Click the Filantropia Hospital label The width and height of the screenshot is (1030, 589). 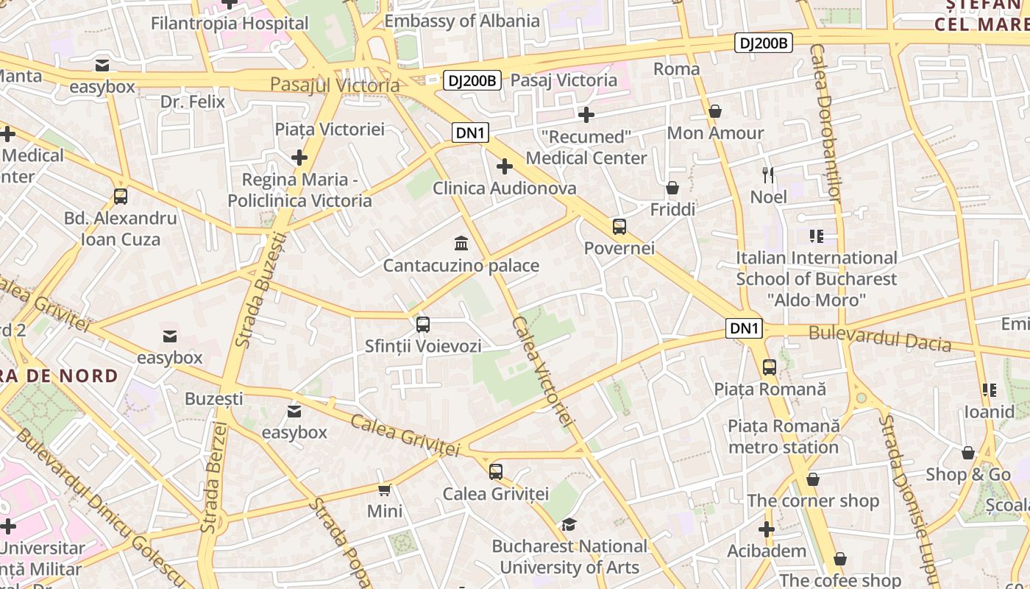point(230,24)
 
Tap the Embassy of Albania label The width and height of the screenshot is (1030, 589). point(462,21)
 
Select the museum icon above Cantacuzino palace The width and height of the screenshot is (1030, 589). point(461,243)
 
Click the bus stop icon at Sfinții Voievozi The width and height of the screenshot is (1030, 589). point(423,324)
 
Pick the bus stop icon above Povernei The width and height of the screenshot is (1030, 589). point(619,226)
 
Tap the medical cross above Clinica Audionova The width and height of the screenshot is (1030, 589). point(505,166)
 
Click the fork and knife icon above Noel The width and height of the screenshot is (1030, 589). point(769,174)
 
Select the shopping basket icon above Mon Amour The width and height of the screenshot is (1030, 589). point(715,111)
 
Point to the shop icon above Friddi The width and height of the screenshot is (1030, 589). point(672,188)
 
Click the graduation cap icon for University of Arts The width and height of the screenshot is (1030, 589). point(569,524)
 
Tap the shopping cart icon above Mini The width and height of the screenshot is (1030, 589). point(384,490)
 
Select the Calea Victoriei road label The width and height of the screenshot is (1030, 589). point(543,371)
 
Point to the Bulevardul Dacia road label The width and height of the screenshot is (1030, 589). point(880,338)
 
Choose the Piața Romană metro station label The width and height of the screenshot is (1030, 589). point(784,437)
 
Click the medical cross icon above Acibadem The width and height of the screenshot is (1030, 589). point(767,529)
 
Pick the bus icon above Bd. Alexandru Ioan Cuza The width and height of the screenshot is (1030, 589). point(121,197)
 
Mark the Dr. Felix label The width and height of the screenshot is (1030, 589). point(193,102)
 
